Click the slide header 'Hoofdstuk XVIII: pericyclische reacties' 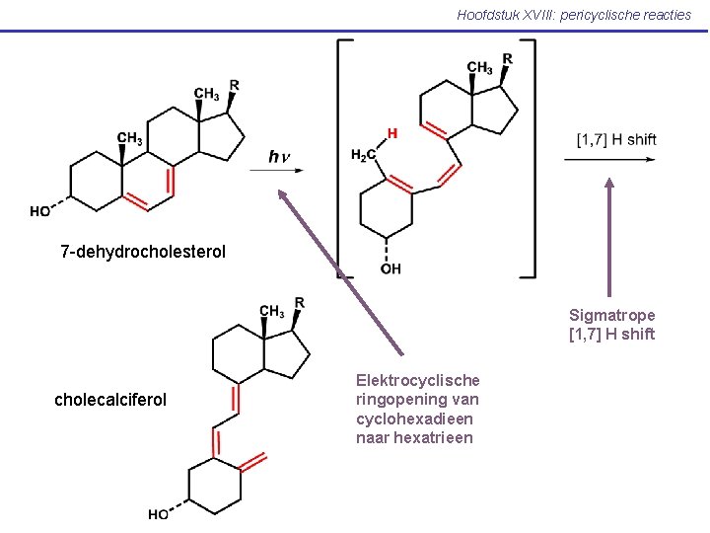(574, 14)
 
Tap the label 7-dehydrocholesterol (143, 252)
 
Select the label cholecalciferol (110, 400)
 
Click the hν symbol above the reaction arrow (280, 156)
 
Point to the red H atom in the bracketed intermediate (392, 133)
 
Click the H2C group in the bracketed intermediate (364, 155)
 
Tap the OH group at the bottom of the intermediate (390, 268)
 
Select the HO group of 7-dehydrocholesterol (41, 211)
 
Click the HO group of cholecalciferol (158, 514)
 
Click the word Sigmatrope (611, 315)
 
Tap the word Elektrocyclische (418, 380)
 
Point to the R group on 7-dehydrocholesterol (235, 85)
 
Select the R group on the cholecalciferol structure (299, 302)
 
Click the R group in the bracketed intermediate (507, 58)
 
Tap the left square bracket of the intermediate (341, 158)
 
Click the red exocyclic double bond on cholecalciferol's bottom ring (253, 462)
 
